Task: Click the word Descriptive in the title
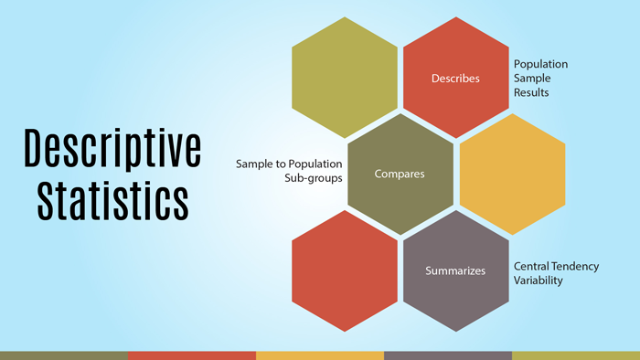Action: click(x=112, y=148)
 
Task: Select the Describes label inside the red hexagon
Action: click(x=455, y=79)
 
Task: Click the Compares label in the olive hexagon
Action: click(x=400, y=174)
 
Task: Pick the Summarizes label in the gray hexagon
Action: click(x=455, y=270)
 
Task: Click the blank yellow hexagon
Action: click(x=512, y=174)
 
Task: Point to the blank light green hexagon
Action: click(x=345, y=78)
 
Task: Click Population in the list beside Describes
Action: click(x=540, y=64)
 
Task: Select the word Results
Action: click(x=531, y=93)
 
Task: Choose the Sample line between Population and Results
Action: click(x=532, y=79)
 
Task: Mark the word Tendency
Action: click(x=577, y=266)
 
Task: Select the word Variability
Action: click(x=538, y=281)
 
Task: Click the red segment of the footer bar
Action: click(x=192, y=355)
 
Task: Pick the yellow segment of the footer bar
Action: click(x=320, y=355)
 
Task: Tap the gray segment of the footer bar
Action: click(x=448, y=355)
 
